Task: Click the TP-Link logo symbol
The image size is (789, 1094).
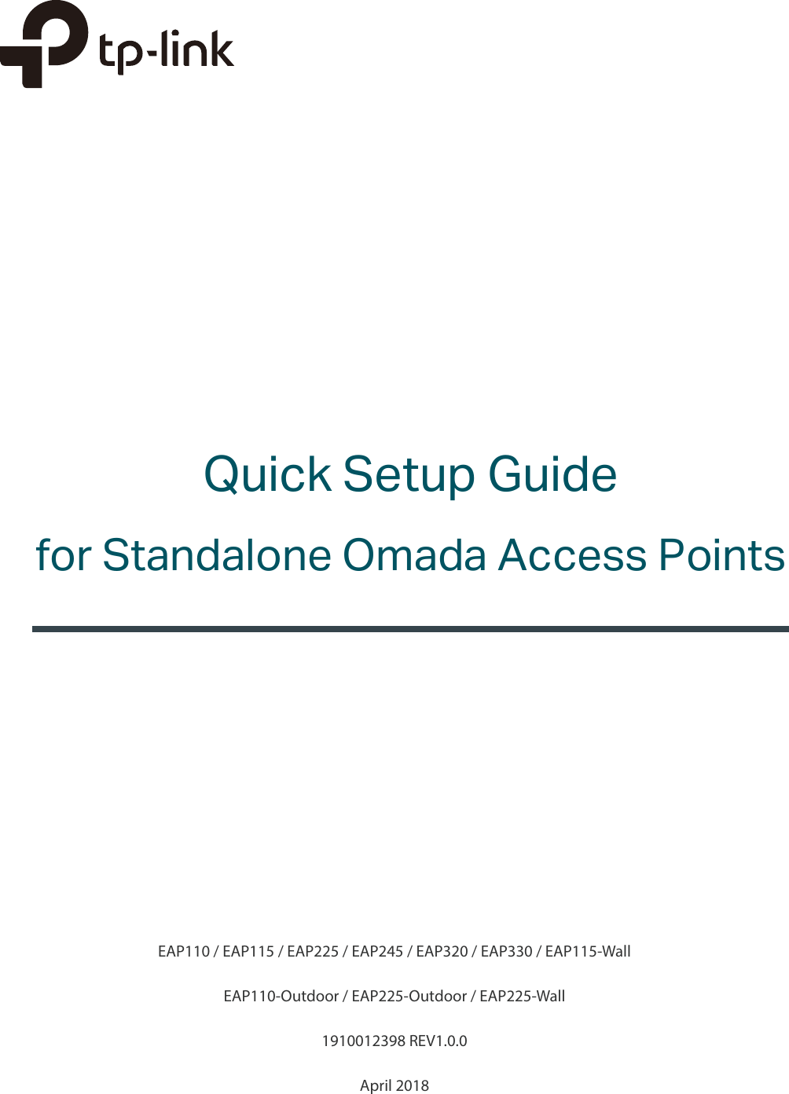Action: (43, 43)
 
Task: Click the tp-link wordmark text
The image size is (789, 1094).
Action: (167, 53)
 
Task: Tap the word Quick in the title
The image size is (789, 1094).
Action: (267, 475)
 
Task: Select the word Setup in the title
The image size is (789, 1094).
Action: (409, 475)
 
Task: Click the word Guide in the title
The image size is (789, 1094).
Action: (552, 474)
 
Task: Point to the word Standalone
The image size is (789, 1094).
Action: (217, 555)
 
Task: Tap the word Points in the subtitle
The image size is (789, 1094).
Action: (721, 555)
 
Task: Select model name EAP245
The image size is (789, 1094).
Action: (377, 952)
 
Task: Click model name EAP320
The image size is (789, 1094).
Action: (442, 952)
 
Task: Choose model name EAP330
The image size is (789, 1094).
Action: (506, 952)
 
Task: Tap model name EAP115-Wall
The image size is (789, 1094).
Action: (588, 952)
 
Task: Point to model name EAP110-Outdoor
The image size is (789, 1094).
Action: (281, 997)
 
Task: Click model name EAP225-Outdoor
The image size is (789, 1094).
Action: (409, 997)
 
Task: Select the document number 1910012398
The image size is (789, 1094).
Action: (363, 1041)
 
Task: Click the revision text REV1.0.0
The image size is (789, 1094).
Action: (439, 1041)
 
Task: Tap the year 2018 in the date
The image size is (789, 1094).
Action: (412, 1086)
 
